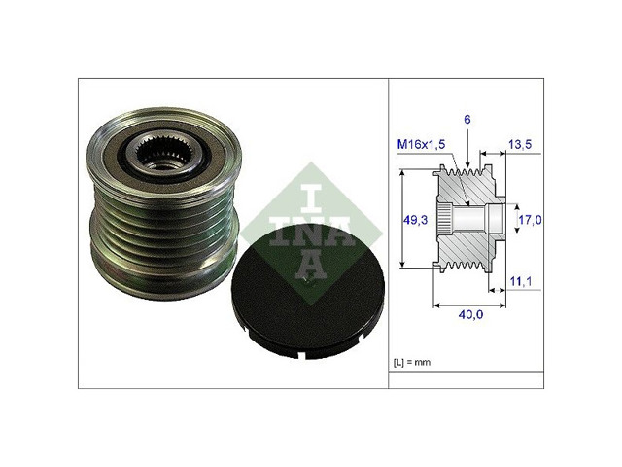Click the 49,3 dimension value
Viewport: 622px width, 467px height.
(x=415, y=220)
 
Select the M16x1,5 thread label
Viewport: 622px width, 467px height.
(x=421, y=144)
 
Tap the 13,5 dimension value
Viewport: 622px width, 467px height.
(x=520, y=144)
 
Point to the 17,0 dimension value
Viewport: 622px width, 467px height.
(x=531, y=220)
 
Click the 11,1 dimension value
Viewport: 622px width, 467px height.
(x=521, y=281)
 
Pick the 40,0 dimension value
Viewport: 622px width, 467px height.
(x=470, y=315)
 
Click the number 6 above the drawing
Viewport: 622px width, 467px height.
(x=467, y=119)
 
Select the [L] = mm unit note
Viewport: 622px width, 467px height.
(x=412, y=362)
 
